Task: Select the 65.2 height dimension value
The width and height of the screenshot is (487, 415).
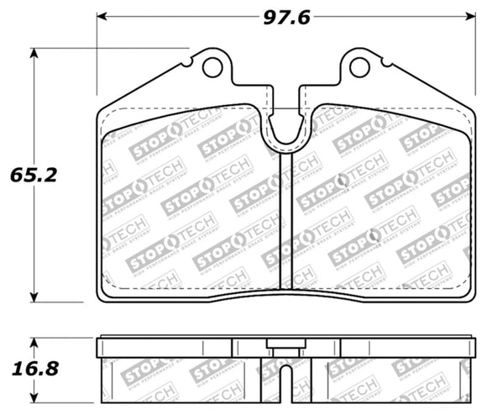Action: [x=32, y=176]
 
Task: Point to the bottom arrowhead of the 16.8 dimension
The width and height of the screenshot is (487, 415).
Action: [x=34, y=398]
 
